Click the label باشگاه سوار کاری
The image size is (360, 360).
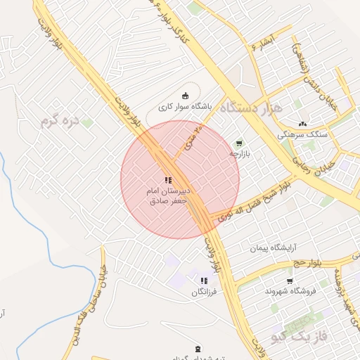pos(184,108)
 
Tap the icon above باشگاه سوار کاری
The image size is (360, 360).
pos(185,96)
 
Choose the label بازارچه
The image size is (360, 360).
pos(239,153)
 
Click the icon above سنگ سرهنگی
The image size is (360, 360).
pos(303,123)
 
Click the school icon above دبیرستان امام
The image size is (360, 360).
pos(168,181)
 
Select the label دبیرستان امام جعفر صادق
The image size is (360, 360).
pos(168,195)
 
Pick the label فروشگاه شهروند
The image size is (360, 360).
pos(291,290)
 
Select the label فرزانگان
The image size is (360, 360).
pos(204,290)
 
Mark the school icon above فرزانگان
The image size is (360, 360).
pos(204,281)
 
